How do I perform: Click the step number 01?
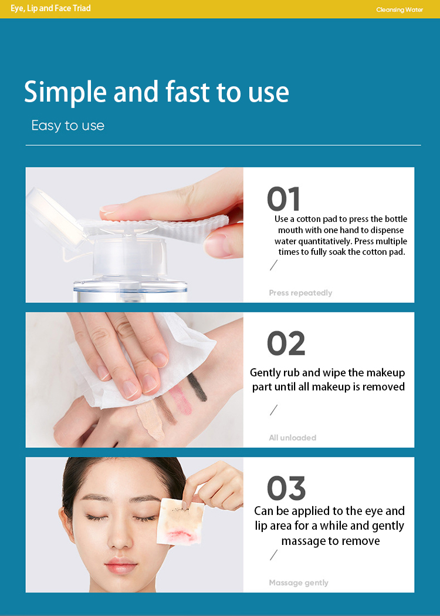(283, 199)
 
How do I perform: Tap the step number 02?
(286, 344)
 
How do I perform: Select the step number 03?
(286, 488)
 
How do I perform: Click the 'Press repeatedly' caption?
(300, 293)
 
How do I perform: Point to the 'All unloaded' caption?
(292, 437)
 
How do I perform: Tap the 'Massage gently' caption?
(298, 583)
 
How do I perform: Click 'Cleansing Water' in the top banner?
(399, 9)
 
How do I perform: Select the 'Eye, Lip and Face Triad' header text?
(50, 9)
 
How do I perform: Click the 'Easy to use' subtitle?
(67, 126)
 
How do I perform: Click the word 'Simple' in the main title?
(65, 92)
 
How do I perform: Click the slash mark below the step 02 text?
(273, 410)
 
